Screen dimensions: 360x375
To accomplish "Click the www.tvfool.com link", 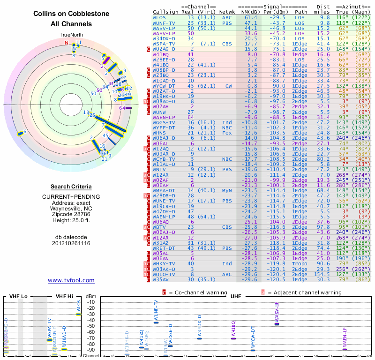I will (71, 280).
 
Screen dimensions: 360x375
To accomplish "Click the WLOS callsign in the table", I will (159, 17).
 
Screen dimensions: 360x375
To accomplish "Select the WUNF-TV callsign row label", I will (164, 22).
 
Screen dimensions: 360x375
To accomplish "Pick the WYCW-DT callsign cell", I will (164, 86).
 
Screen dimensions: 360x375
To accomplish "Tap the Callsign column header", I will (166, 12).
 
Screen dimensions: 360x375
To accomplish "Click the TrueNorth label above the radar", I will (71, 35).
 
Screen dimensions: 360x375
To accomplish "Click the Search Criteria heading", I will (71, 187).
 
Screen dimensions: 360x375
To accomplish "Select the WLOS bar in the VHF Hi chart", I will (79, 314).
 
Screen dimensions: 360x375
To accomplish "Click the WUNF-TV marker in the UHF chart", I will (156, 322).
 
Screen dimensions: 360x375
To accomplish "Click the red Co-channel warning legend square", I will (164, 292).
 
